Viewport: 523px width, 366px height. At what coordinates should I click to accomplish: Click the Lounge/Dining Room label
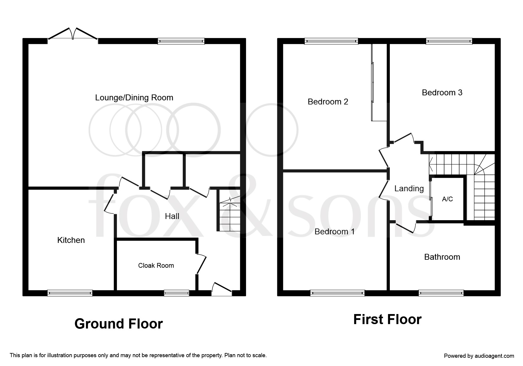coord(134,98)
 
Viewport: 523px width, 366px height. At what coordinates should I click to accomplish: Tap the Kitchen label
coord(71,240)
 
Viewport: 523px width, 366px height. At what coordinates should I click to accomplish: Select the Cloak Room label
coord(156,266)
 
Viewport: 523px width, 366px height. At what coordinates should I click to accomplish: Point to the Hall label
coord(172,216)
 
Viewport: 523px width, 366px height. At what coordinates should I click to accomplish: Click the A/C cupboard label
coord(447,199)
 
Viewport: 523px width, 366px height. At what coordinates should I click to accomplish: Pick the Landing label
coord(409,189)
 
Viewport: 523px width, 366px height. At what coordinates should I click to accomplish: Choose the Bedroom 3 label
coord(442,93)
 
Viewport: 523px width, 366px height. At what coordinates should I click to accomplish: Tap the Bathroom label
coord(442,257)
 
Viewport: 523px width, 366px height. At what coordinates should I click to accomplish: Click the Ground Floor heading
coord(118,324)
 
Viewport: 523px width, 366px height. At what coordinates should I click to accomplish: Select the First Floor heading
coord(387,319)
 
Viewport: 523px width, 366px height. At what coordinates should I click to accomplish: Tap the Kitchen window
coord(70,293)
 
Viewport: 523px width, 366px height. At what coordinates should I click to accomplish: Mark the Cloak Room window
coord(177,293)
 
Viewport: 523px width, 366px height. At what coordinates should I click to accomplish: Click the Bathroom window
coord(441,293)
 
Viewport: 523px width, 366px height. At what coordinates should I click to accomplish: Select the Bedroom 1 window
coord(337,293)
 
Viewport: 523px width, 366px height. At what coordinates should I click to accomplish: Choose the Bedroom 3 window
coord(449,41)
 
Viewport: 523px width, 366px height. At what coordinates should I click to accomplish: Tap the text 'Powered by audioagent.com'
coord(479,356)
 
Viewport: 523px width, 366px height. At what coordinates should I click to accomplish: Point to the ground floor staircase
coord(229,211)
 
